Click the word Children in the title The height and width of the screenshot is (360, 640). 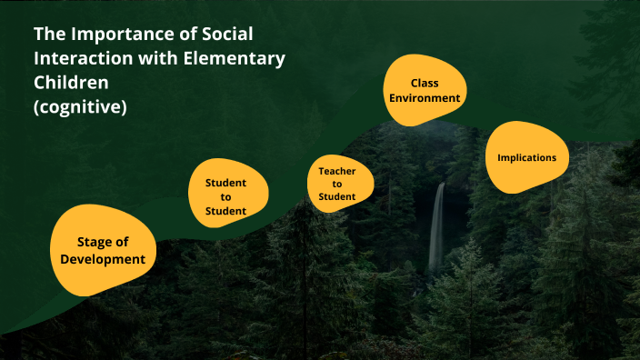pyautogui.click(x=73, y=83)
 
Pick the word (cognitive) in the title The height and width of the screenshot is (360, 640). pyautogui.click(x=80, y=106)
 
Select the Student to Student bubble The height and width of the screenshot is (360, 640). pyautogui.click(x=226, y=196)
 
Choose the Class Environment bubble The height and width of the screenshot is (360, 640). pyautogui.click(x=425, y=90)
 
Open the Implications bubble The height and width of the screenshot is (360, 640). pyautogui.click(x=527, y=157)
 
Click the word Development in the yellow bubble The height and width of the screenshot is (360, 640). pyautogui.click(x=103, y=259)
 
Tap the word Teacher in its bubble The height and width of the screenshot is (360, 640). pyautogui.click(x=336, y=170)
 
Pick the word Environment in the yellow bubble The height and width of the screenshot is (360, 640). pyautogui.click(x=425, y=98)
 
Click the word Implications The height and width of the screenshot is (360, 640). pyautogui.click(x=527, y=157)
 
